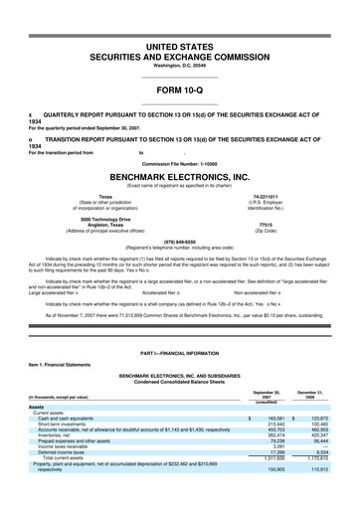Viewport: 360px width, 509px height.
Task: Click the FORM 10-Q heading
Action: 180,90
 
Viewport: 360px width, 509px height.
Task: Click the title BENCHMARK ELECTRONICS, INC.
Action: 180,177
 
